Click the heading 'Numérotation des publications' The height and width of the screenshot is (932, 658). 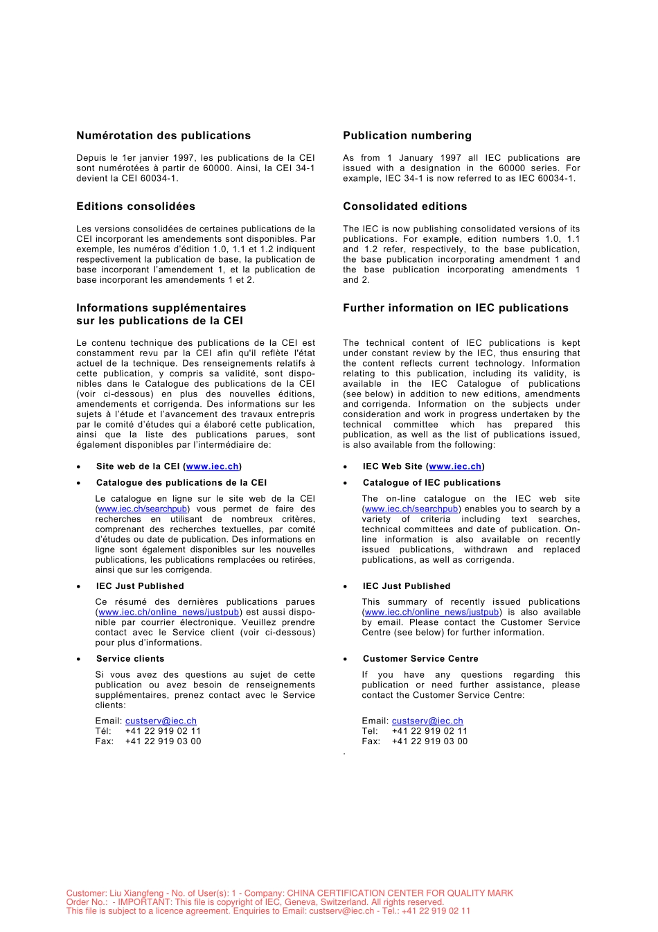point(163,136)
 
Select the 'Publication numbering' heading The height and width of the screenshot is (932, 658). point(407,136)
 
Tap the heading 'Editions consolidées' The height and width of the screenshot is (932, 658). point(136,206)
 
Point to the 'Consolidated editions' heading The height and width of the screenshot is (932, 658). point(404,206)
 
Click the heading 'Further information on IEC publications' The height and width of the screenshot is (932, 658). point(455,308)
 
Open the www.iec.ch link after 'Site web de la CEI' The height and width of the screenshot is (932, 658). point(212,467)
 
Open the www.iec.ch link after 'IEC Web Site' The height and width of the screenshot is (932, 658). point(455,467)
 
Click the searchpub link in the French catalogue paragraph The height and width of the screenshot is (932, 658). point(143,509)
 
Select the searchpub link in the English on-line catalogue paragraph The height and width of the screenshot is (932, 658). point(411,509)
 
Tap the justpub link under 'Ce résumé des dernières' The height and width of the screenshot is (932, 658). point(169,613)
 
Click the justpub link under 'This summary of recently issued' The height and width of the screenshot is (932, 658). point(432,613)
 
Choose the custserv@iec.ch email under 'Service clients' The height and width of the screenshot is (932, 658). point(161,721)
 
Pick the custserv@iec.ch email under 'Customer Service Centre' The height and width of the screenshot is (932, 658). point(427,721)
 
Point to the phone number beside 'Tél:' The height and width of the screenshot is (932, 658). point(163,731)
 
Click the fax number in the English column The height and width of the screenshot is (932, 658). point(429,741)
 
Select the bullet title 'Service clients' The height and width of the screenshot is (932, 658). point(130,659)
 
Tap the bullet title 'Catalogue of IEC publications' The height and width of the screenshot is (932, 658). point(432,483)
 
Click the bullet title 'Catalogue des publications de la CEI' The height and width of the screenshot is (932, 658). point(181,483)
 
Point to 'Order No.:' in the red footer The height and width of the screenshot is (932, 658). point(87,902)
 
